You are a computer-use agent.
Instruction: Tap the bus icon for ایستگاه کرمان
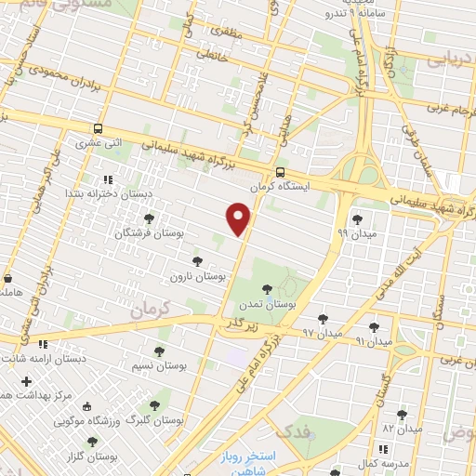coord(280,172)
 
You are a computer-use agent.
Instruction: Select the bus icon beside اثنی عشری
coord(98,129)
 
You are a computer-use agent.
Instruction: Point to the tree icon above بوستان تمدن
coord(268,289)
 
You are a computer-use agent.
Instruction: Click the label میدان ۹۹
coord(357,233)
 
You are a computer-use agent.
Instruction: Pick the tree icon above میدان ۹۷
coord(323,319)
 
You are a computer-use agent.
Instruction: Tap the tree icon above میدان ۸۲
coord(402,415)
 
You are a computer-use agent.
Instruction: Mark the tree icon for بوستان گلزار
coord(91,443)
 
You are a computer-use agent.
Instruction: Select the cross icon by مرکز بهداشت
coord(26,381)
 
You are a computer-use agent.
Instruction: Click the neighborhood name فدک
coord(295,430)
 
